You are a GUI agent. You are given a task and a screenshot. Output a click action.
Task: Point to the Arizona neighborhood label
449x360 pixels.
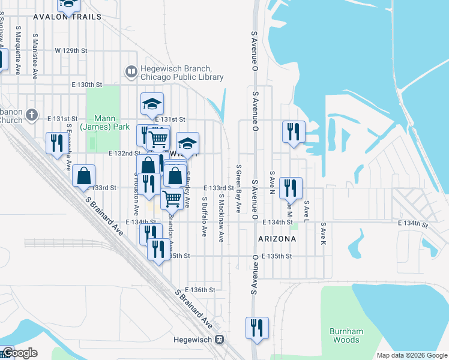pos(277,239)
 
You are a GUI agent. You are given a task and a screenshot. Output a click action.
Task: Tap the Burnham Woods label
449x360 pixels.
pos(345,335)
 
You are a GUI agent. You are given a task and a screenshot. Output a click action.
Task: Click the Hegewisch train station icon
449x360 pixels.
pos(220,340)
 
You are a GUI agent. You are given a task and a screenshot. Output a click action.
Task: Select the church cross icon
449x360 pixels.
pos(33,114)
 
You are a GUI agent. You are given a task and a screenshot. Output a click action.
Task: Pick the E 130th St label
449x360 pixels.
pos(86,85)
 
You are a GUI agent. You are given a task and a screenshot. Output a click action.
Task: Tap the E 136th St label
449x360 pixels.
pos(200,290)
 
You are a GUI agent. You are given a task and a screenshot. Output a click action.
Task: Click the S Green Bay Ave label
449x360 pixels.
pos(238,188)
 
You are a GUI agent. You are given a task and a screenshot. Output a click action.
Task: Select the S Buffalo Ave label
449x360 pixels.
pos(205,216)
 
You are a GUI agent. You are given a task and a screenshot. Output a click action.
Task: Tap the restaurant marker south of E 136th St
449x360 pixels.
pos(257,328)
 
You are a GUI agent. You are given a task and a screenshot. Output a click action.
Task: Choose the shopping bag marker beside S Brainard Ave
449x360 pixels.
pos(84,176)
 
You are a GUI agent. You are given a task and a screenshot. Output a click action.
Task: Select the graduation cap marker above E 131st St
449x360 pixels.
pos(152,104)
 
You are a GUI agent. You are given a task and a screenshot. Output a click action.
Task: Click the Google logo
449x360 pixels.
pos(19,353)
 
